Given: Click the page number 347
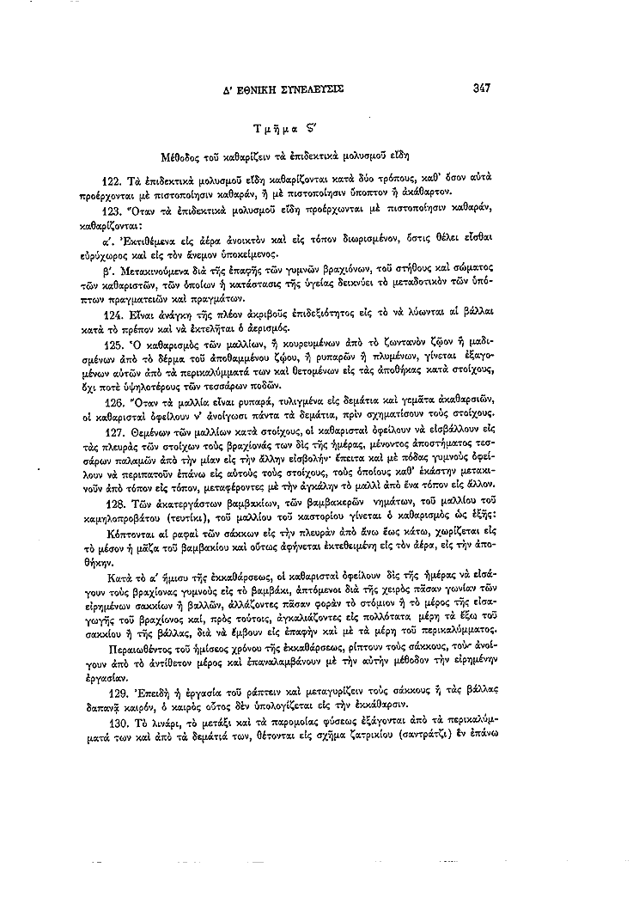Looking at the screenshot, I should click(x=480, y=87).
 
